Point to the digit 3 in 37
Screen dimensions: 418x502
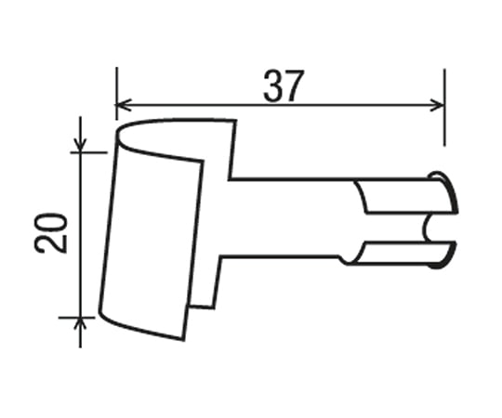(x=273, y=86)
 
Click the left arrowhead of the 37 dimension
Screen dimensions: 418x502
(x=123, y=103)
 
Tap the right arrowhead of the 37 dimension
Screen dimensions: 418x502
(x=438, y=103)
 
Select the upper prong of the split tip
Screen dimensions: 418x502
(x=404, y=198)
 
